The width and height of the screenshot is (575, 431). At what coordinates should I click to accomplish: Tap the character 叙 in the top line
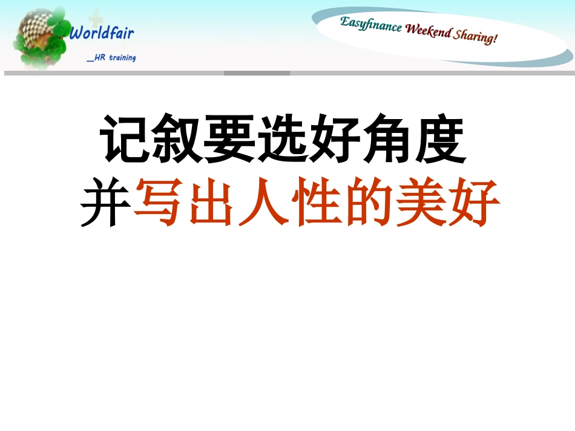179,140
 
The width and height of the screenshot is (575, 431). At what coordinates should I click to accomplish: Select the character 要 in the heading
231,140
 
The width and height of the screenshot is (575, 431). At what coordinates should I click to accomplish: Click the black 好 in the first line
336,140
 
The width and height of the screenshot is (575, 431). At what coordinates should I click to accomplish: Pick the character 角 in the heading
388,140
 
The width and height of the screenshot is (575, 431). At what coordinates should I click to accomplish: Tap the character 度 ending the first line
441,140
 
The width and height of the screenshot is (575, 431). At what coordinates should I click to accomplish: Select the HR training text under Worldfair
111,58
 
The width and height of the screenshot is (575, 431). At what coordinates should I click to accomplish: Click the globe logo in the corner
41,37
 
